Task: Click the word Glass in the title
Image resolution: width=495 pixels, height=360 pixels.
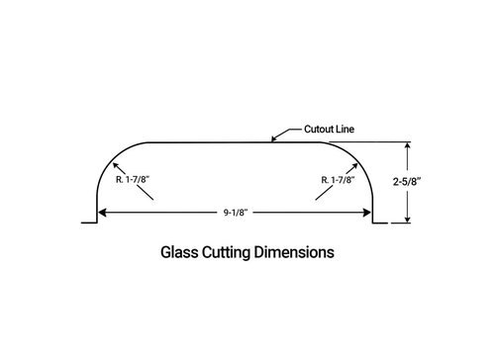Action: [179, 252]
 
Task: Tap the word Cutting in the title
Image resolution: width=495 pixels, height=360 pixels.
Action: [226, 253]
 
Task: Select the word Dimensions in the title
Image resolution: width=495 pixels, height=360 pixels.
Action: [294, 252]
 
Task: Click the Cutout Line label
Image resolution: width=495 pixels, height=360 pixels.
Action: [329, 129]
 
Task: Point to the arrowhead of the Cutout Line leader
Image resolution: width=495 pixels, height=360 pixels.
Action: [273, 139]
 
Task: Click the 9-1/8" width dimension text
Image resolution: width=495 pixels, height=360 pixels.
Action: [236, 213]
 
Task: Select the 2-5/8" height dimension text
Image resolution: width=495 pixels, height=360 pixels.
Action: [407, 181]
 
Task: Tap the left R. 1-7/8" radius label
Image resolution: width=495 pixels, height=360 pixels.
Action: [133, 179]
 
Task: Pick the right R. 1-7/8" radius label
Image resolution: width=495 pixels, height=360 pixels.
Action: [339, 180]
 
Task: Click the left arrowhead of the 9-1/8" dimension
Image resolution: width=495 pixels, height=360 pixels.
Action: [102, 213]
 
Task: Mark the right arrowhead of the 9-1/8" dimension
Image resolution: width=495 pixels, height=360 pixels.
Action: [367, 213]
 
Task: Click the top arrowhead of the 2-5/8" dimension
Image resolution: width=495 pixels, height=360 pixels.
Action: [408, 145]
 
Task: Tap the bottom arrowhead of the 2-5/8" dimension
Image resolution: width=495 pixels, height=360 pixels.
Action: [408, 220]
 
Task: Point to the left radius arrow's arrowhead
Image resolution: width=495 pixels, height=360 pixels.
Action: [116, 165]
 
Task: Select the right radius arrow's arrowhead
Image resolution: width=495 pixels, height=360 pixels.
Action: [354, 165]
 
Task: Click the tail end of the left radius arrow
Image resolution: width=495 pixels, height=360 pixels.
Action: [153, 200]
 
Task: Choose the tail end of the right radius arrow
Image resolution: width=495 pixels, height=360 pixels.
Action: [316, 200]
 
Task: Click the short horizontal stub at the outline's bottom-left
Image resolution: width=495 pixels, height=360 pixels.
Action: [89, 223]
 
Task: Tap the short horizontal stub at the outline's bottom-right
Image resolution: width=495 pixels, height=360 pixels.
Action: [380, 224]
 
